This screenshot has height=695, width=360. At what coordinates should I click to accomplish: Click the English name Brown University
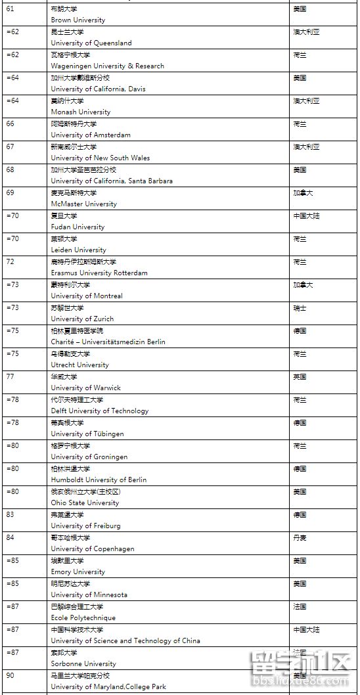point(78,20)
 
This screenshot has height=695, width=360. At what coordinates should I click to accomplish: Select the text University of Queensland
point(91,43)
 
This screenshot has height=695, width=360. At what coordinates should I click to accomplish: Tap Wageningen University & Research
point(107,66)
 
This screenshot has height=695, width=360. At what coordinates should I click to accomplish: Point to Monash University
point(80,112)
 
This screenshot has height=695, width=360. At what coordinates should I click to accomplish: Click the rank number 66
point(10,123)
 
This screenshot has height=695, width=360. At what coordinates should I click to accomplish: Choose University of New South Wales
point(100,158)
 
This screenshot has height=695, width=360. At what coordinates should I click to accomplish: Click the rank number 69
point(10,192)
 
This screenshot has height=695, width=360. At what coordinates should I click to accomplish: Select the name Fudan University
point(78,227)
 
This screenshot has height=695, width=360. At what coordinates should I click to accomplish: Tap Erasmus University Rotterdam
point(99,273)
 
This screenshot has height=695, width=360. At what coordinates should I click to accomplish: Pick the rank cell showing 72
point(10,261)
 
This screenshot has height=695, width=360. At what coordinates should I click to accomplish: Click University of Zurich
point(82,319)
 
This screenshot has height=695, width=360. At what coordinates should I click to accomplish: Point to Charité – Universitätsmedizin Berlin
point(108,342)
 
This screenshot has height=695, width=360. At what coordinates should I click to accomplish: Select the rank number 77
point(10,376)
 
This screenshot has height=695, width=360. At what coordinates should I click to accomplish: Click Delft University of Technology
point(100,411)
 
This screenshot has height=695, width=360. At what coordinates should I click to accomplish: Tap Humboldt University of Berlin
point(99,480)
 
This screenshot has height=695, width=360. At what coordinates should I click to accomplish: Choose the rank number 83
point(10,514)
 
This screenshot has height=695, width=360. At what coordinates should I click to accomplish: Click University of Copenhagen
point(92,549)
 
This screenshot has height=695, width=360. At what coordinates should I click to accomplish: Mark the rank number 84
point(10,537)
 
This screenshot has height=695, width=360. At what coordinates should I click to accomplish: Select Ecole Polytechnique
point(83,618)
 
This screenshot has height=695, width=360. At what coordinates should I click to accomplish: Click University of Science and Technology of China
point(125,641)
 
